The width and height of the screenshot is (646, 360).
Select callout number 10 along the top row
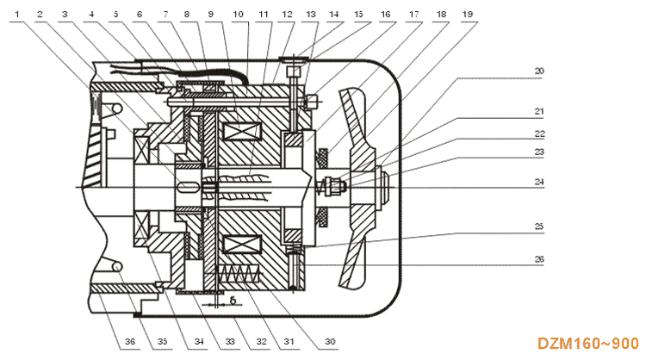point(238,15)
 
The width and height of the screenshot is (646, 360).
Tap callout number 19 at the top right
point(465,15)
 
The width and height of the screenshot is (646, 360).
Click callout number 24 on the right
point(540,182)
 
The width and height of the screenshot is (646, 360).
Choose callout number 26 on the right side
point(540,258)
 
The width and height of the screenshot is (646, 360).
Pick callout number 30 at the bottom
point(329,341)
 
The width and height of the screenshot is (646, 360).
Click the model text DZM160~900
point(589,343)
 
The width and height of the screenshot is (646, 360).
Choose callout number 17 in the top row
point(414,15)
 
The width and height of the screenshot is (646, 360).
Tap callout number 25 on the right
point(540,226)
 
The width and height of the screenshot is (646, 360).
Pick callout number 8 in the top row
point(189,15)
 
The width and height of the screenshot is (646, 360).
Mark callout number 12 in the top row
point(286,15)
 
